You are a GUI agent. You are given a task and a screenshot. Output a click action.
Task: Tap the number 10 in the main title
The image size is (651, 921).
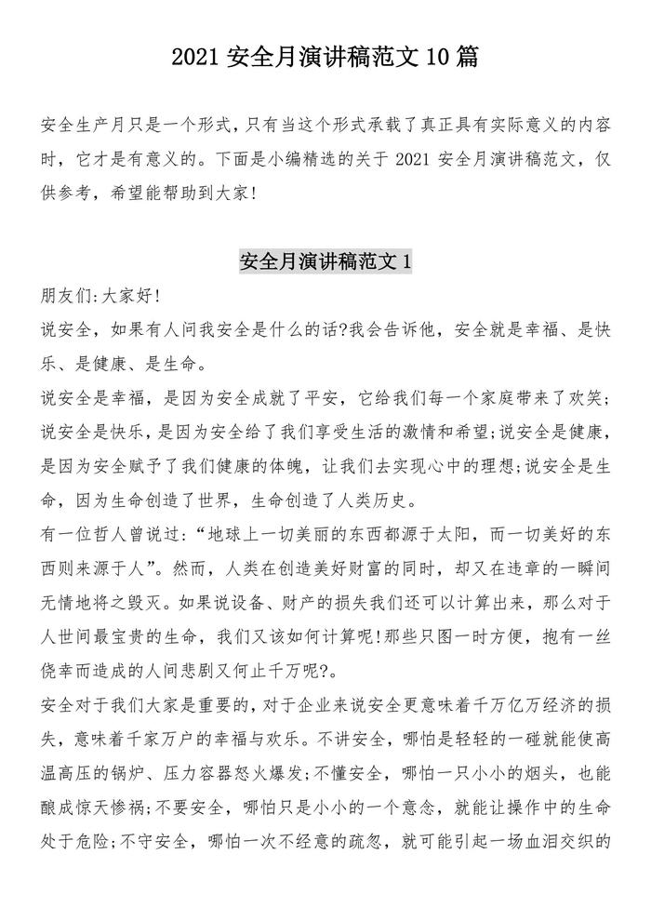click(x=437, y=59)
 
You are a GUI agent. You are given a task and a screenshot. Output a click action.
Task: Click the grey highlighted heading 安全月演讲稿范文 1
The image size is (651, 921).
click(x=325, y=261)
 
